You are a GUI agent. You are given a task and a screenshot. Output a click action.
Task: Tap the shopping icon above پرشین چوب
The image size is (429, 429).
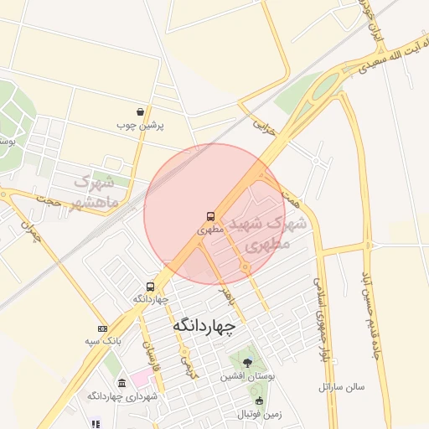tap(140, 111)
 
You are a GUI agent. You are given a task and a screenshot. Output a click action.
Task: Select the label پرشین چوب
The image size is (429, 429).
tap(140, 126)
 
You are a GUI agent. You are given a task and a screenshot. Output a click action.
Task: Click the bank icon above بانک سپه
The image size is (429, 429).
tap(102, 328)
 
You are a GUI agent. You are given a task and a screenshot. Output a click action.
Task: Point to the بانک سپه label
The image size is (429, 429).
tap(103, 341)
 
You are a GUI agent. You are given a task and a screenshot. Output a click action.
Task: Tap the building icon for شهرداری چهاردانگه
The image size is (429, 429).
tap(121, 382)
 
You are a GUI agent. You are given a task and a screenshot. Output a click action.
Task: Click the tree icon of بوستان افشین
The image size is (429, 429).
tap(246, 363)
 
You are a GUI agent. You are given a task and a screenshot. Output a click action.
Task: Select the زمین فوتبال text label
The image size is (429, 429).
tap(258, 415)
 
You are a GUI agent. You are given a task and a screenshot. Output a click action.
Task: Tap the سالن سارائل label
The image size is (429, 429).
tap(342, 387)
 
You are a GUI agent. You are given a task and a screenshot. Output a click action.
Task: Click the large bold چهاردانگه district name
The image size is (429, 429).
tap(205, 325)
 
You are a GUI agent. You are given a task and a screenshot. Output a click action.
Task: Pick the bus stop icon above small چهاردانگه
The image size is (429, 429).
tap(150, 287)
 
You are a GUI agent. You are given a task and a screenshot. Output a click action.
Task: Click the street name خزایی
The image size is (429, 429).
tap(263, 127)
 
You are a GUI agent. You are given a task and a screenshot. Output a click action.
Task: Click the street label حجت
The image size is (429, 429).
tap(48, 202)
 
